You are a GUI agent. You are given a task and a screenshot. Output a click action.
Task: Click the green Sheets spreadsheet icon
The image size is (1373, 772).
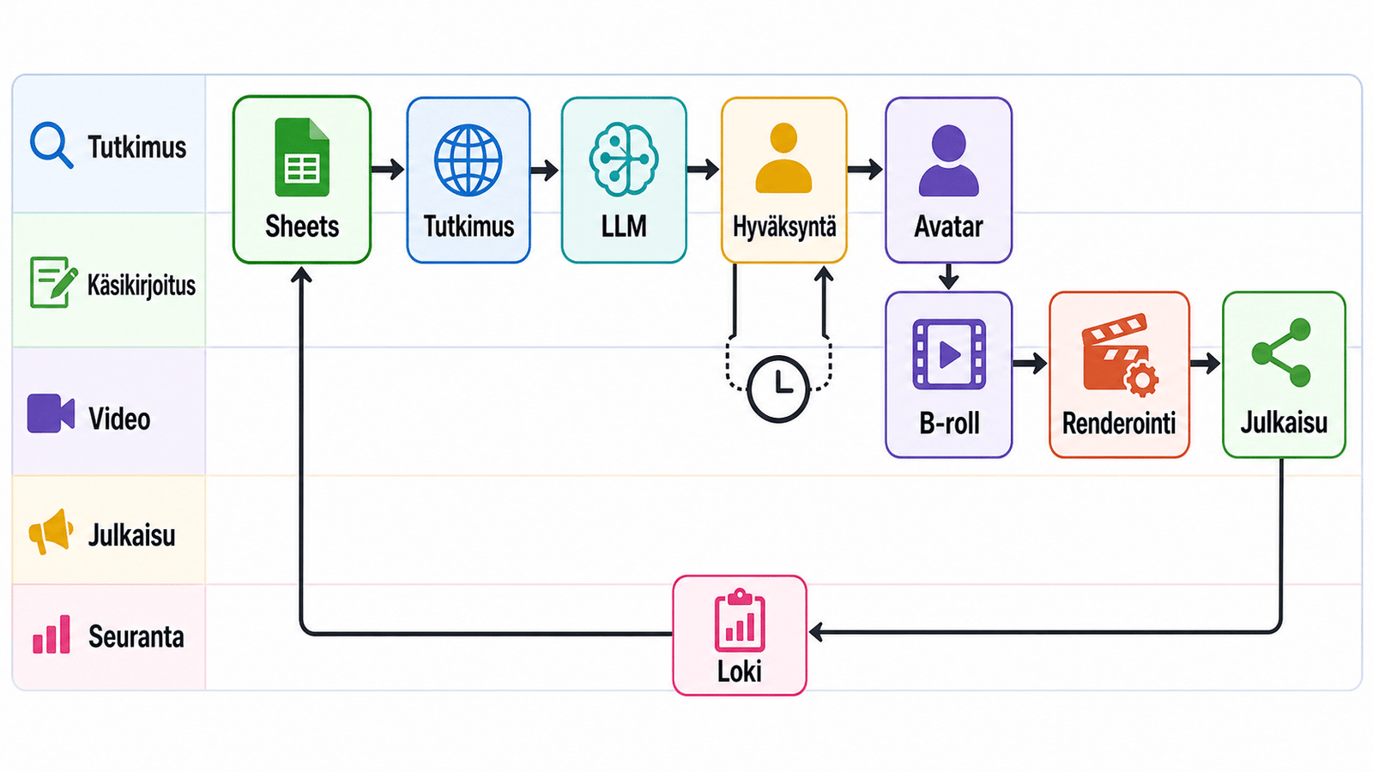tap(301, 157)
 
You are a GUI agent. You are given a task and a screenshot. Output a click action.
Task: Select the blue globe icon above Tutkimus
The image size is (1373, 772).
tap(469, 160)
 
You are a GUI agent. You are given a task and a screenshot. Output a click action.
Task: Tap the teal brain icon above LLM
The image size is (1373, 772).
tap(623, 160)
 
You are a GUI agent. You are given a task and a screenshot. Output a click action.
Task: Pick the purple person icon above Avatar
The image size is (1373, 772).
tap(948, 160)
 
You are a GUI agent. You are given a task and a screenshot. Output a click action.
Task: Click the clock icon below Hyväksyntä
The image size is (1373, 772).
tap(777, 389)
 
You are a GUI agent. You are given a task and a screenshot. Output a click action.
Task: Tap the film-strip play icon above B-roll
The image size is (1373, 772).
tap(949, 354)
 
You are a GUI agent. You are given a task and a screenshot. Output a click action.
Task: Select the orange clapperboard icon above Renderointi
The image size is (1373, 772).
tap(1119, 355)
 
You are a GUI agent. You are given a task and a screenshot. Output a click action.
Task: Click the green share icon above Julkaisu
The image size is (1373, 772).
tap(1282, 353)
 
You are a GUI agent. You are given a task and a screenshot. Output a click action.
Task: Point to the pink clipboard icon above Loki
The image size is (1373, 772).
tap(739, 620)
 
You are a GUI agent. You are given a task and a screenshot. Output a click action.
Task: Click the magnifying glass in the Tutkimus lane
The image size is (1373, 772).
tap(51, 145)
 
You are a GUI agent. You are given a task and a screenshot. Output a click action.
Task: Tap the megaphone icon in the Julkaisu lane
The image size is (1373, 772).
tap(51, 531)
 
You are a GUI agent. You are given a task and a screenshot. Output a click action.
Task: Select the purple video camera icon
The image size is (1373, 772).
tap(51, 413)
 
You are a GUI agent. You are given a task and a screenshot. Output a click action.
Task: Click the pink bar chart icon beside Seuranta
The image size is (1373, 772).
tap(51, 634)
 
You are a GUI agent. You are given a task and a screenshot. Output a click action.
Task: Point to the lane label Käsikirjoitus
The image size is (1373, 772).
tap(141, 285)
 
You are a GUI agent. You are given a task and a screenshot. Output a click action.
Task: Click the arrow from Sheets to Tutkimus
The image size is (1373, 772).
tap(387, 168)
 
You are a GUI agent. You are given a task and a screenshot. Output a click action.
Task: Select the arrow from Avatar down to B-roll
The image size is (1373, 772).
tap(948, 276)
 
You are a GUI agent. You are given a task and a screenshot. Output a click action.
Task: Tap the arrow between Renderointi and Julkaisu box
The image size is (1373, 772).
tap(1205, 363)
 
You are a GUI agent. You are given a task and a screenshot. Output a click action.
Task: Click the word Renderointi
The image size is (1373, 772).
tap(1119, 424)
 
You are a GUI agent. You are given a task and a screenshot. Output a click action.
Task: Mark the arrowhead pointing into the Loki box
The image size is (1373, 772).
tap(815, 631)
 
